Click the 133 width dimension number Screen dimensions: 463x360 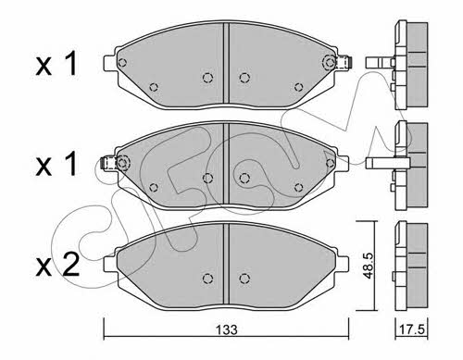coord(226,329)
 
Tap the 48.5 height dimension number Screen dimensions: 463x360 coord(369,266)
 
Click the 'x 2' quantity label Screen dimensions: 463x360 coord(57,266)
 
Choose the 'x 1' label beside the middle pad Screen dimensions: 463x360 coord(56,165)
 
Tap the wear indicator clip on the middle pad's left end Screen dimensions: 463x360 coord(109,163)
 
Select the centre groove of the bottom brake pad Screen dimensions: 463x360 coord(226,264)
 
